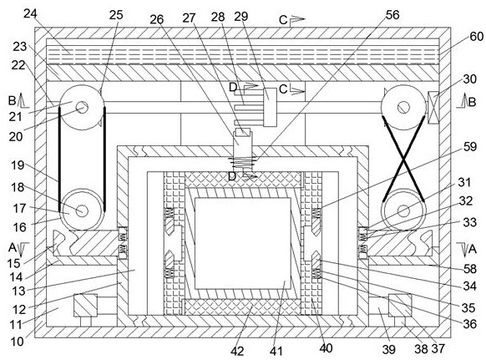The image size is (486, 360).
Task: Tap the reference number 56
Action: point(392,14)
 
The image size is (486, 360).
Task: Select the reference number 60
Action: point(476,37)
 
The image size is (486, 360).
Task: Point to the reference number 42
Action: point(237,351)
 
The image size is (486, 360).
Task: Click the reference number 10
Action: point(18,342)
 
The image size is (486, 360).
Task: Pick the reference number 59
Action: point(470,147)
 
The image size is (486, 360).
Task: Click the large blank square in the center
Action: point(243,243)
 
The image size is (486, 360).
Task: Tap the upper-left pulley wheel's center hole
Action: point(82,108)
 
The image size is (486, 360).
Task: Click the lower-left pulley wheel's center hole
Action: point(82,210)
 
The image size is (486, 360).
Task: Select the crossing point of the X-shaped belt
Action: point(403,159)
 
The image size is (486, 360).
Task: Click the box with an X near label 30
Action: point(433,107)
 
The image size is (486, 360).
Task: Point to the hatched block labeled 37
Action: point(400,305)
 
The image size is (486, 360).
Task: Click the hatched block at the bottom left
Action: point(85,306)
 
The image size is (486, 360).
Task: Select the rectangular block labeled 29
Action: point(270,107)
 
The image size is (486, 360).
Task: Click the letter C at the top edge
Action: point(283,20)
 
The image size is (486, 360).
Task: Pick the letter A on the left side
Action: point(12,248)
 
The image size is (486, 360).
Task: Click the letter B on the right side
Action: point(472,102)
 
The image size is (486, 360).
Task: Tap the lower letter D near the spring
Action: point(232,177)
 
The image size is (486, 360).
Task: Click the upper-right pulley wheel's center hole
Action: point(403,108)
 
